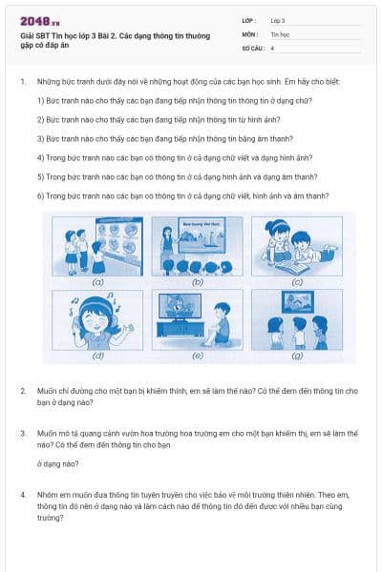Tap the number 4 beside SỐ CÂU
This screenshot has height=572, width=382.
click(x=273, y=47)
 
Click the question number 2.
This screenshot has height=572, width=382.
click(x=23, y=392)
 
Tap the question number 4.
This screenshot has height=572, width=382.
click(x=23, y=496)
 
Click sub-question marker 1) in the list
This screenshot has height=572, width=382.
click(x=41, y=100)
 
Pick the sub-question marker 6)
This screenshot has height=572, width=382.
click(x=41, y=195)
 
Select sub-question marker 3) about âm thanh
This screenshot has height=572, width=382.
click(x=41, y=138)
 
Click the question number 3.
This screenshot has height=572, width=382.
click(x=23, y=433)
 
